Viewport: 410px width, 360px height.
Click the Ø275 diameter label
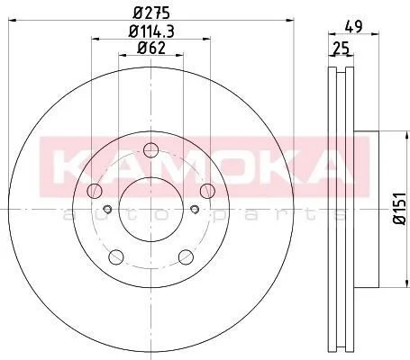pyautogui.click(x=151, y=13)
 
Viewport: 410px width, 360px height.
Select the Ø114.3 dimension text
pyautogui.click(x=151, y=31)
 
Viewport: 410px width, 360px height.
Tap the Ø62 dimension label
pyautogui.click(x=151, y=48)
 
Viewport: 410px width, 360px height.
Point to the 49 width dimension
pyautogui.click(x=353, y=26)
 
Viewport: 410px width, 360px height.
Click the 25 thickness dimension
pyautogui.click(x=342, y=48)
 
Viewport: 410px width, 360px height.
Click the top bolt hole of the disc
pyautogui.click(x=150, y=150)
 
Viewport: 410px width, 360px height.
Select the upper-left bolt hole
pyautogui.click(x=95, y=191)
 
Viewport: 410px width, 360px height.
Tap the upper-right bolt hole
pyautogui.click(x=207, y=191)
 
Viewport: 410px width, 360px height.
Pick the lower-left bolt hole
pyautogui.click(x=116, y=257)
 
